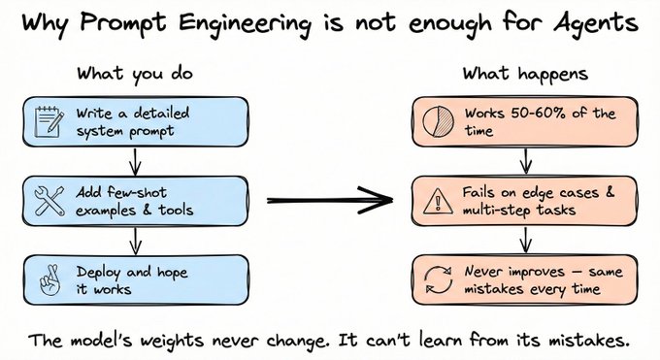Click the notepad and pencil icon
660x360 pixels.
49,122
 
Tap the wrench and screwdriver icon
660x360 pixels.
49,201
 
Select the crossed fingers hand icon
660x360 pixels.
50,280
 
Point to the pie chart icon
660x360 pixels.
438,121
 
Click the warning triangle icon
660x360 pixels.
438,201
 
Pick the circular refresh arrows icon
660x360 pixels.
438,280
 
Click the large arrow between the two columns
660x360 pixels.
330,200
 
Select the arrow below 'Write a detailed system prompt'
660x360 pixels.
135,161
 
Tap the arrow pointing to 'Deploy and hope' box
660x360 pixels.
135,241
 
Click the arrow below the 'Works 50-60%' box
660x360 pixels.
526,161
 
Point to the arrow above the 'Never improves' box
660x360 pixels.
526,241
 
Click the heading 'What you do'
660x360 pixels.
135,75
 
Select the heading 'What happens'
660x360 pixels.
525,75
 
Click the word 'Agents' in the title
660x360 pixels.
596,22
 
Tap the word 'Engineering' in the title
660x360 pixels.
245,22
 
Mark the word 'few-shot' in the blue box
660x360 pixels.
137,192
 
